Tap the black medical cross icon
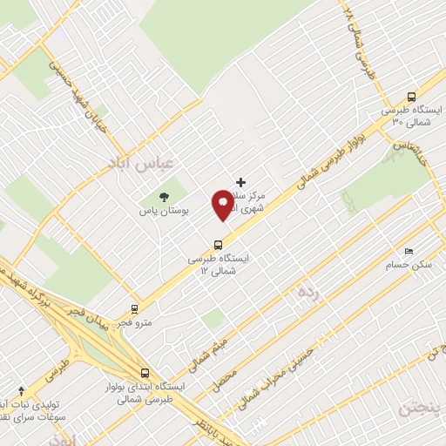point(240,181)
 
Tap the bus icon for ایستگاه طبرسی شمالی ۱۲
point(218,244)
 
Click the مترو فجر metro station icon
point(134,308)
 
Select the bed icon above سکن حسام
point(409,251)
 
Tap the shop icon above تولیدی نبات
point(21,390)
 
